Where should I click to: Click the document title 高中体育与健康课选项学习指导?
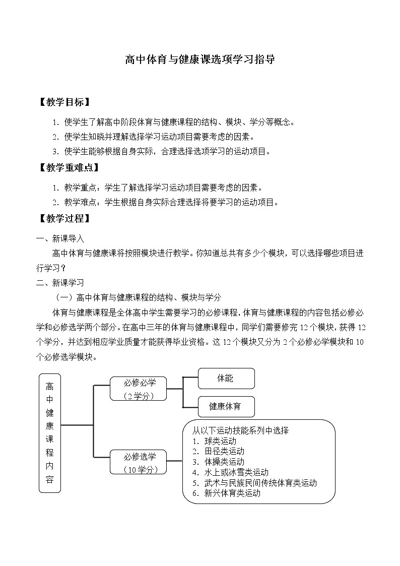tap(200, 59)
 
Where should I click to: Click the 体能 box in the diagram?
tap(226, 379)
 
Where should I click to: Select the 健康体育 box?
tap(226, 407)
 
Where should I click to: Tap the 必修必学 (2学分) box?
tap(138, 389)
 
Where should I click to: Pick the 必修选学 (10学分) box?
tap(138, 462)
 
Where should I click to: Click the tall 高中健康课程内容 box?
tap(49, 432)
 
